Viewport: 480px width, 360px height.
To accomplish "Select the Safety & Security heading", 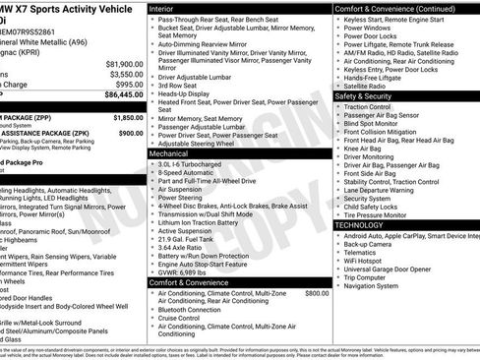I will pyautogui.click(x=369, y=97).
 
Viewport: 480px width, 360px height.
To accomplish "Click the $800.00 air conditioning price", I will pyautogui.click(x=317, y=293).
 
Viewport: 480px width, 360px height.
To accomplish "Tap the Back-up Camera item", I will pyautogui.click(x=377, y=247).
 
